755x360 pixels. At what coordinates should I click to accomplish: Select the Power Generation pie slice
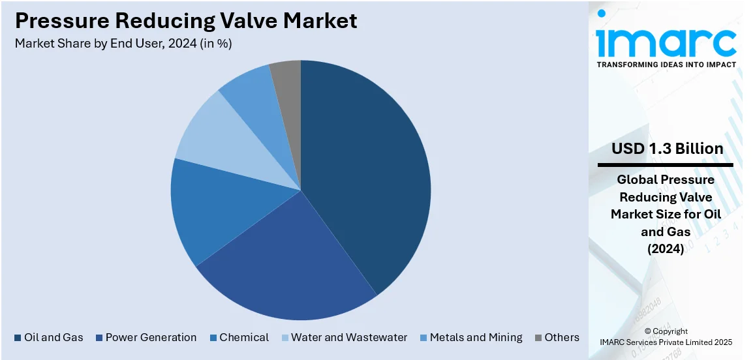(287, 261)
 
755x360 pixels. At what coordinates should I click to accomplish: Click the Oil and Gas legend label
(54, 337)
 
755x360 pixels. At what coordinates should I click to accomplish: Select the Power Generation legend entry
(151, 337)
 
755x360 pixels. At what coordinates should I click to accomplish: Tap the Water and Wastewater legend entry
(348, 337)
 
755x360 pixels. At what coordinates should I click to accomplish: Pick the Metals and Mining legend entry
(476, 337)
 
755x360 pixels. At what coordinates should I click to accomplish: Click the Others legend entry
(562, 337)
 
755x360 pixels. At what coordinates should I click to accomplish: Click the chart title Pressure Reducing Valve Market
(186, 21)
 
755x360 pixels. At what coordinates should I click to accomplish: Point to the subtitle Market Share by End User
(123, 44)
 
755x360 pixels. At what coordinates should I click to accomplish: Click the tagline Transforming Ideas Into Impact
(666, 65)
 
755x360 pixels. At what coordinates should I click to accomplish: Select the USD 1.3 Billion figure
(667, 149)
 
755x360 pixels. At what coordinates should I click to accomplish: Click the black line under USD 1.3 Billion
(666, 165)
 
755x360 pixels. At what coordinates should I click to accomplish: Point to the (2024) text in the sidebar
(665, 248)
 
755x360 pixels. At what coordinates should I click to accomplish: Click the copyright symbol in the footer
(648, 331)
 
